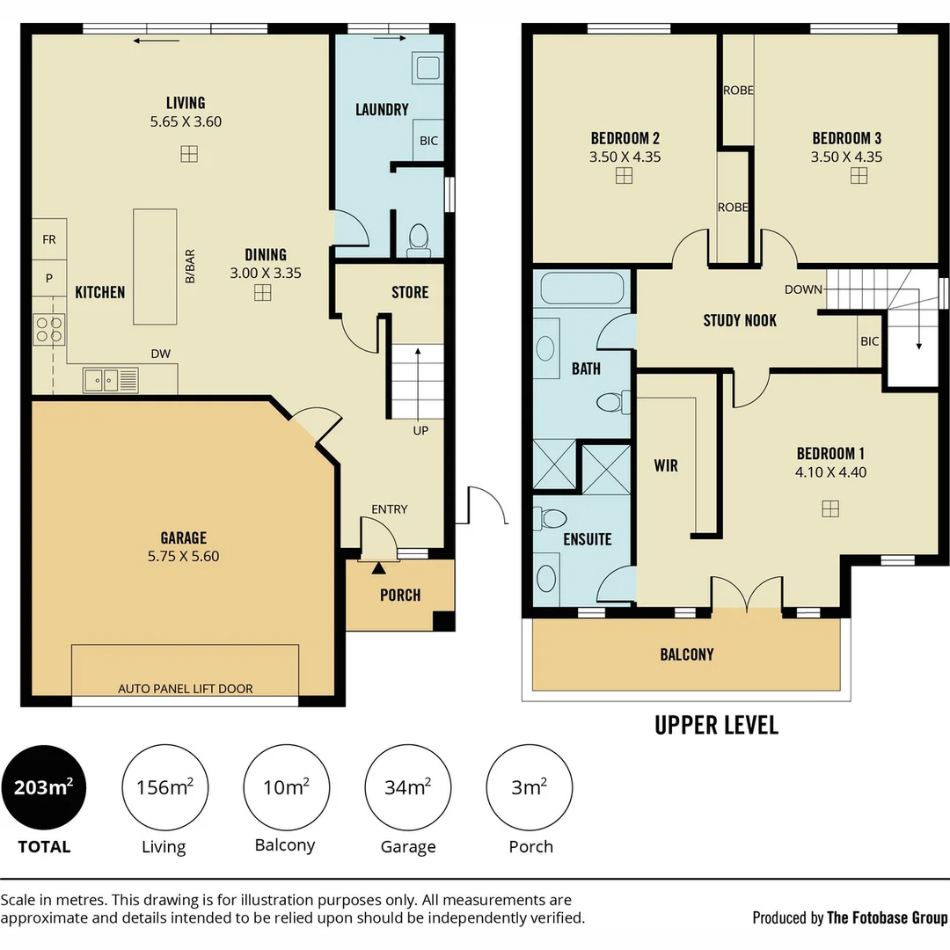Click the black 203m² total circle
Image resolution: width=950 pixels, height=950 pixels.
point(44,787)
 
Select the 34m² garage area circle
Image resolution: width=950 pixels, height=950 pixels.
point(408,787)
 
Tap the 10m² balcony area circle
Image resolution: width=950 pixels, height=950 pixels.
point(286,787)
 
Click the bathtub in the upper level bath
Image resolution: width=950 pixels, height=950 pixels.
point(581,288)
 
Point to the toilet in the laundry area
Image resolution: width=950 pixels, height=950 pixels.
point(419,239)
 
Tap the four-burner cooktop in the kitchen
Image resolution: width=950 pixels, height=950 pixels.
point(48,329)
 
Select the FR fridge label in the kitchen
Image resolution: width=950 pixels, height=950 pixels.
point(49,240)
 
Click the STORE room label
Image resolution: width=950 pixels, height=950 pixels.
point(410,292)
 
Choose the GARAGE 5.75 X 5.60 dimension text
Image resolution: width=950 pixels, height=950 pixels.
point(184,556)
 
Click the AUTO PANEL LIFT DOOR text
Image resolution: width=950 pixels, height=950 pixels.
point(186,689)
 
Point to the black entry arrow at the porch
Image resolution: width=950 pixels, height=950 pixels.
point(378,568)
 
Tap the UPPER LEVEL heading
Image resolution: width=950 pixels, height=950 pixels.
point(717,725)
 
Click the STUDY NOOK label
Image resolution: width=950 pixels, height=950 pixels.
point(740,320)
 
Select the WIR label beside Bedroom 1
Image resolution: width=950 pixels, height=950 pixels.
point(666,465)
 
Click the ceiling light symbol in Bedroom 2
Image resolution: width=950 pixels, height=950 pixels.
point(624,176)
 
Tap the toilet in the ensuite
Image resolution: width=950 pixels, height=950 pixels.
point(551,519)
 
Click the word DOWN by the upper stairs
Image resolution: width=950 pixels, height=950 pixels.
point(803,289)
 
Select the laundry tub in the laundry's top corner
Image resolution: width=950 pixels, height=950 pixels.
point(427,67)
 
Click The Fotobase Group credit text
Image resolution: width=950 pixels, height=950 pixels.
point(887,917)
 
